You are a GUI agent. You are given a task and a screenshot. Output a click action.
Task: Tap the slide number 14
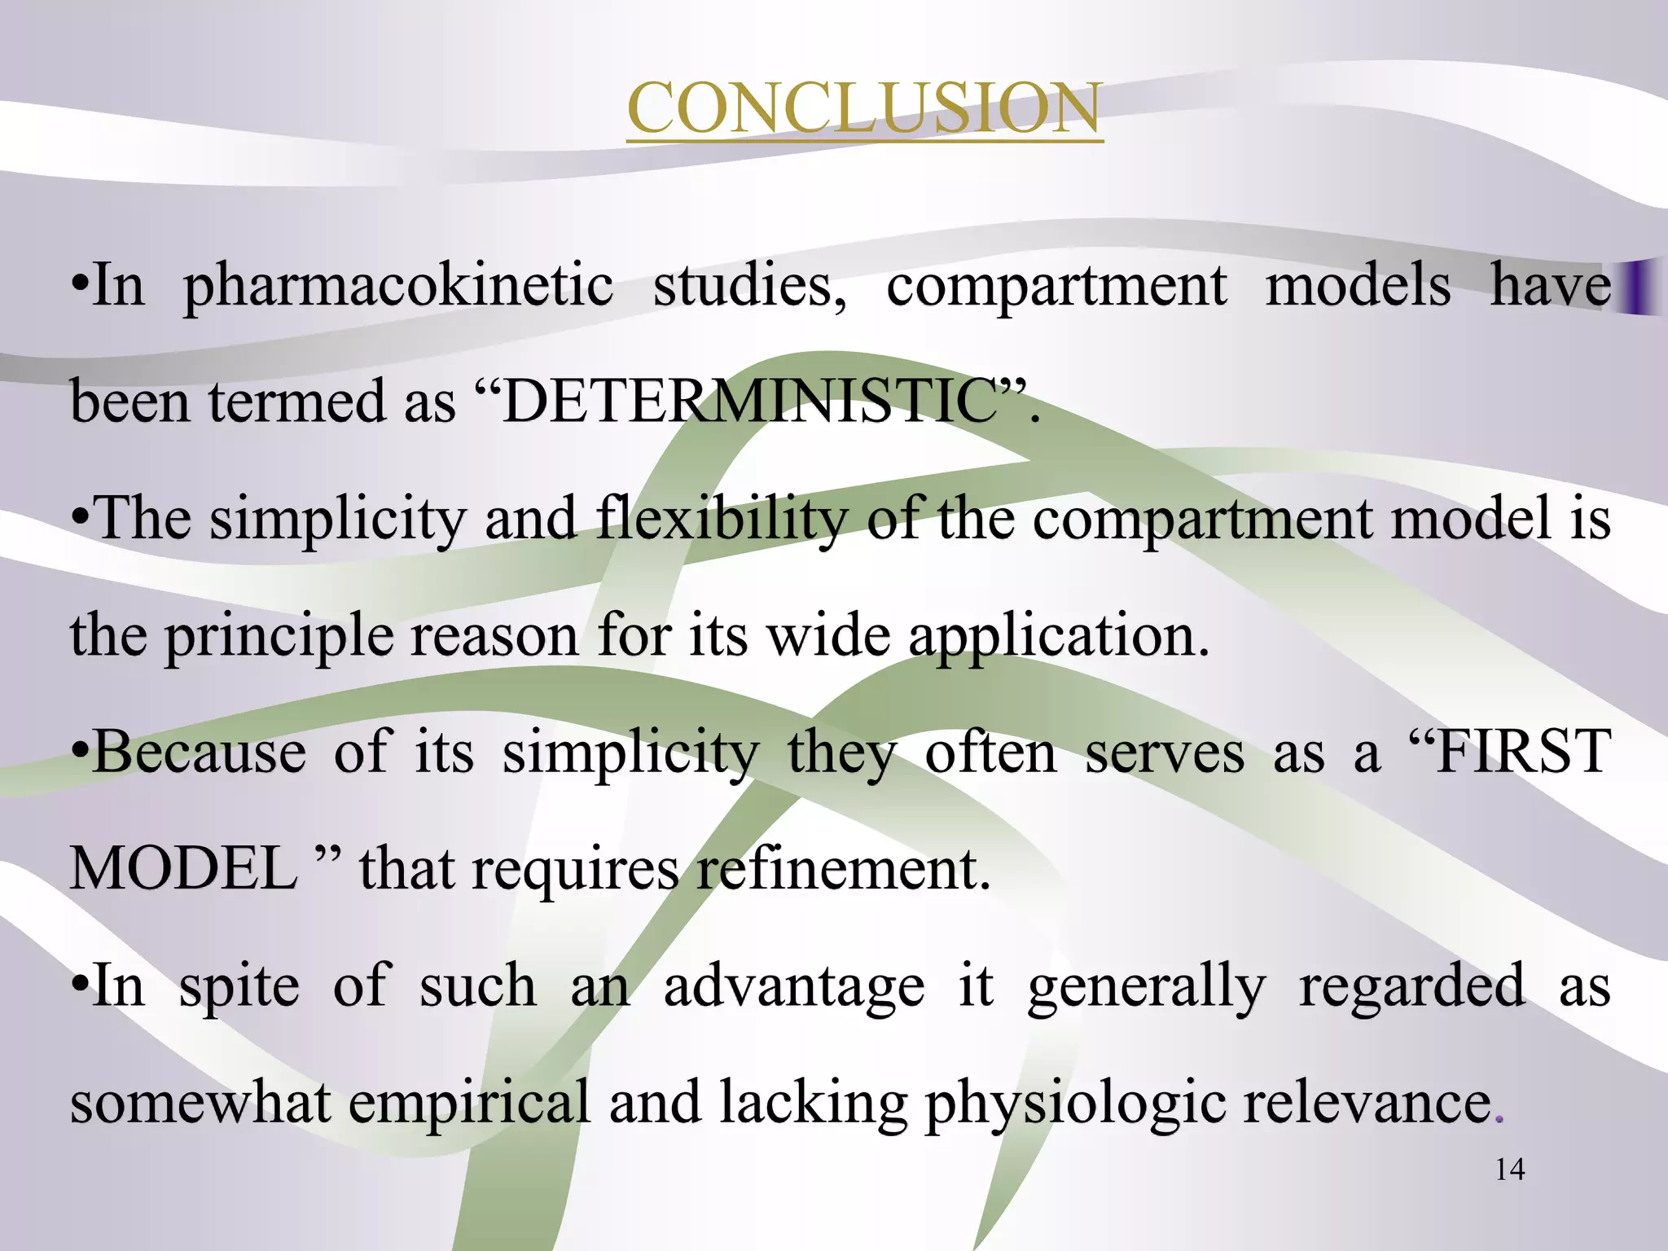(1510, 1170)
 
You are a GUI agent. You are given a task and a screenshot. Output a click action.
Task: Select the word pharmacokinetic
(398, 287)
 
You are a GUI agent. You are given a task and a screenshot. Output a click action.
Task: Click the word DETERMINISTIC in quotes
(750, 402)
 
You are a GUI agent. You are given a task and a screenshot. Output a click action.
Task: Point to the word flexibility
(721, 519)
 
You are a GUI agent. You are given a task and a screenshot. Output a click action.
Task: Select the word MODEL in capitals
(184, 868)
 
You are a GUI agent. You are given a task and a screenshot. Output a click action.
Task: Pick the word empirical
(469, 1103)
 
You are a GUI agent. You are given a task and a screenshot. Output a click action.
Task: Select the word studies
(748, 287)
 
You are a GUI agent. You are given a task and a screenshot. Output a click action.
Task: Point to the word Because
(200, 751)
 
